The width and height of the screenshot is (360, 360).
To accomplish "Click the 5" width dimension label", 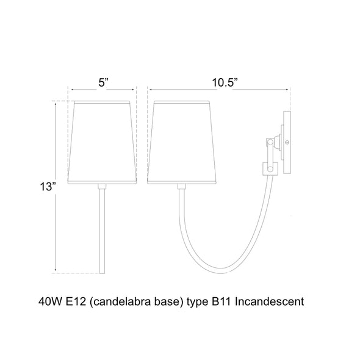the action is tap(103, 82).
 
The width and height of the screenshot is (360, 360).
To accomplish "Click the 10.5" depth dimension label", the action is tap(225, 82).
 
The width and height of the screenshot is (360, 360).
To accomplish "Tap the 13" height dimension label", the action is tap(48, 187).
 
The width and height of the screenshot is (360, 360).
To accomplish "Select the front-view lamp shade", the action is tap(102, 142).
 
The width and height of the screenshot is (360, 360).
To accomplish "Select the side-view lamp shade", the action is tap(182, 142).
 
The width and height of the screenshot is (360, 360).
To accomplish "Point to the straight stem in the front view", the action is tap(102, 231).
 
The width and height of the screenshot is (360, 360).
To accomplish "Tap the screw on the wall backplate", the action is tap(287, 142).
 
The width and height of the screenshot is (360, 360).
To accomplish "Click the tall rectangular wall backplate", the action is tap(287, 142).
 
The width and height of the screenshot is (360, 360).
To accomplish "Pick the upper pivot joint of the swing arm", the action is tap(270, 142).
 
